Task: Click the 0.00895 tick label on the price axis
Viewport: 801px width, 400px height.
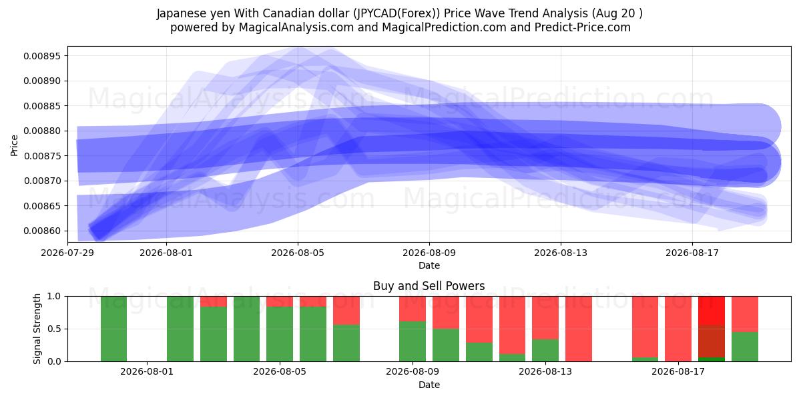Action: (x=42, y=56)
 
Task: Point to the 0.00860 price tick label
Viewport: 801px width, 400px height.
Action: (x=42, y=231)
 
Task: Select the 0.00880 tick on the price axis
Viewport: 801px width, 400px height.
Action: (x=42, y=131)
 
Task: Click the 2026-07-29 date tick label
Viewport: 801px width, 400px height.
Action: (x=67, y=253)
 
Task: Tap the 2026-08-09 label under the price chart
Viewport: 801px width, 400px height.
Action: (x=429, y=253)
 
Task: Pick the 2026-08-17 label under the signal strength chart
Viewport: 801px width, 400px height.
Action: (x=678, y=372)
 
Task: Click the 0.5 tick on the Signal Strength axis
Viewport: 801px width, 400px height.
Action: (x=55, y=329)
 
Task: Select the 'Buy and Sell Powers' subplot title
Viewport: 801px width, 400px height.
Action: (x=429, y=286)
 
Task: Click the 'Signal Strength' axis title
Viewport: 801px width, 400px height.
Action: (x=37, y=329)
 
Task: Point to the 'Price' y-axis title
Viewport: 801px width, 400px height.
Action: (x=14, y=145)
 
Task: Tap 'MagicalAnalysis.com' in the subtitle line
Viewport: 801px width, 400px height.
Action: (x=296, y=27)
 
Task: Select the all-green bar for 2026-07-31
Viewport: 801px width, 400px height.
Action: (x=113, y=329)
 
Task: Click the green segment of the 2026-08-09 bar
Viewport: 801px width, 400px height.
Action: (x=413, y=341)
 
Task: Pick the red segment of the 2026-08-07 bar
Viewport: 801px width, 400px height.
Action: (x=346, y=311)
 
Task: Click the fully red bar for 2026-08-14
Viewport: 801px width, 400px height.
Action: (x=579, y=329)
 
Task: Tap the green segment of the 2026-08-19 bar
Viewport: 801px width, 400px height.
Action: (x=745, y=347)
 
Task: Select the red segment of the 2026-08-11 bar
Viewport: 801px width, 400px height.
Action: (x=479, y=319)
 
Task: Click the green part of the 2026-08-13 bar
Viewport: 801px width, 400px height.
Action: (x=545, y=351)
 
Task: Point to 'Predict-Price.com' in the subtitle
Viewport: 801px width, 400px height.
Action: (x=583, y=27)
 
